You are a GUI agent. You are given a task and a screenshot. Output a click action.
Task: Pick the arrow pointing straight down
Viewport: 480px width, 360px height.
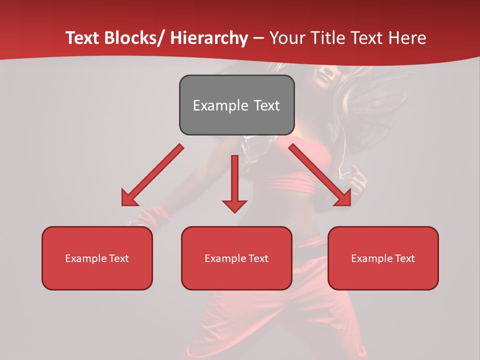(x=234, y=180)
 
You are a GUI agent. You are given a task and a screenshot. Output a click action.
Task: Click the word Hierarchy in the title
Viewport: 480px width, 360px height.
(x=209, y=38)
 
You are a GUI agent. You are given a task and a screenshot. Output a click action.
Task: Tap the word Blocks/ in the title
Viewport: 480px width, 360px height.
(x=133, y=38)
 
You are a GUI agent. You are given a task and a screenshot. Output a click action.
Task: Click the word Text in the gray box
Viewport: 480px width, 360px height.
(x=266, y=105)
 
